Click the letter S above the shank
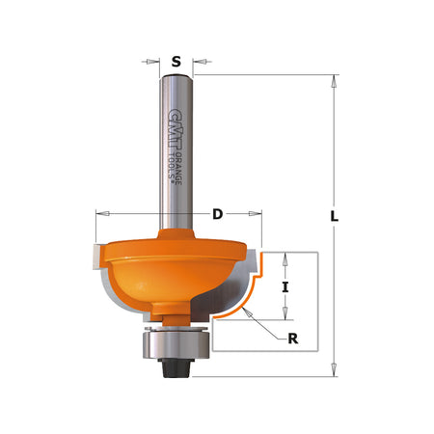coord(176,62)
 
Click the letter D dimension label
coord(217,213)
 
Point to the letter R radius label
coord(292,338)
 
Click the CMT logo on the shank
coord(173,121)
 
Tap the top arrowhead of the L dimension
coord(334,80)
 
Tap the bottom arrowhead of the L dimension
coord(334,367)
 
